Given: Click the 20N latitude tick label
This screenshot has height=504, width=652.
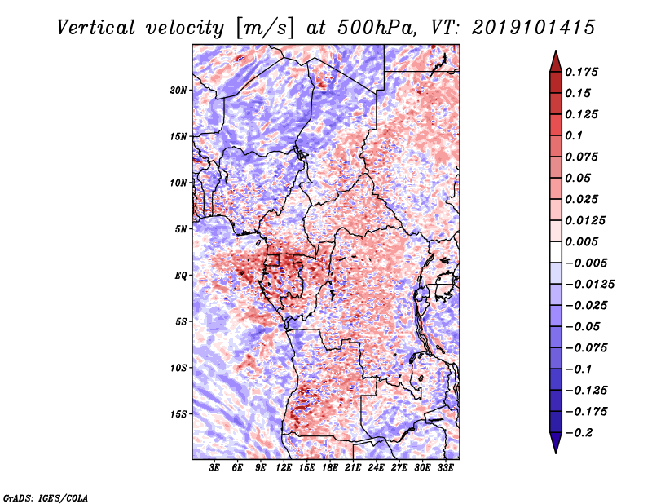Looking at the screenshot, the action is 178,91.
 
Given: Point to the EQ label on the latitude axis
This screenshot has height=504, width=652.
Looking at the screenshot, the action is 181,276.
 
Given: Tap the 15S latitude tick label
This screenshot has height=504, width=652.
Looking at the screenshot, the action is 178,414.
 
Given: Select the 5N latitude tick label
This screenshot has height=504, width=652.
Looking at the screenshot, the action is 181,229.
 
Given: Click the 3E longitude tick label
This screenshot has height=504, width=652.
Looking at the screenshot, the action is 214,468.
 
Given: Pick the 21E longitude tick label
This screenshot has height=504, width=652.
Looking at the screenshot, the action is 353,468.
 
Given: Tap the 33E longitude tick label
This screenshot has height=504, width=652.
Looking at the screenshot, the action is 445,468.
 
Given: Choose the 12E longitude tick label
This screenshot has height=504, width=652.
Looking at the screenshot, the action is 284,468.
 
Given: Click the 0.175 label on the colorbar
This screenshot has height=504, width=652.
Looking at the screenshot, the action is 582,72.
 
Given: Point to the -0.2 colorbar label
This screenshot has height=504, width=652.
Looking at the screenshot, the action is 579,433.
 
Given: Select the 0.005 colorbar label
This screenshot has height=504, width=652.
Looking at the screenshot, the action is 582,241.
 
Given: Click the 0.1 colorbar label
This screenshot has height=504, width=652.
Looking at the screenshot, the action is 575,135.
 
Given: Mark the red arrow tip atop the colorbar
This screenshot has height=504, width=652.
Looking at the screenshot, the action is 556,51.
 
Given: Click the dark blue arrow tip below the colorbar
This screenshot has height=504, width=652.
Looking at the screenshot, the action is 556,453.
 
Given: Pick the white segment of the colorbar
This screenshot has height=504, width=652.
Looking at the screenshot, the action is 556,252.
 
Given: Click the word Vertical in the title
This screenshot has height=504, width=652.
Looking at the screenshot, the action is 96,28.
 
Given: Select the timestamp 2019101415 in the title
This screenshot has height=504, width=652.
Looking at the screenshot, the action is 534,28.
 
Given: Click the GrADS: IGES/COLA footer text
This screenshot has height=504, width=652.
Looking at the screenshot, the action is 46,497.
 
